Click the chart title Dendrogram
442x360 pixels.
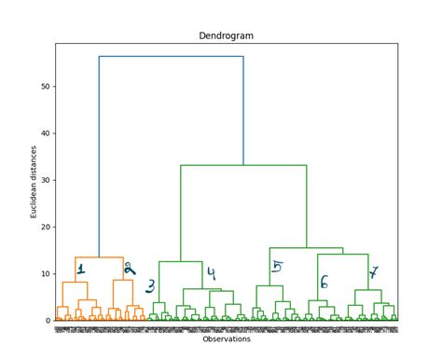(x=226, y=35)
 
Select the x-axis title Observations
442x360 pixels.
(x=226, y=339)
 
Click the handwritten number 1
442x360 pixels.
(x=81, y=270)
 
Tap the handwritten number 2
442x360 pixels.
(x=129, y=270)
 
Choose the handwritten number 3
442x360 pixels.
(x=150, y=287)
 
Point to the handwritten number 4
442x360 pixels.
(x=212, y=274)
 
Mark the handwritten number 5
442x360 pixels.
(x=277, y=268)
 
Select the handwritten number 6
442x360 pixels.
(x=324, y=282)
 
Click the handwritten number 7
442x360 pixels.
(x=374, y=273)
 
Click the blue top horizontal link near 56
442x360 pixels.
(x=171, y=57)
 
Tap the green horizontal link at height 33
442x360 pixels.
(x=243, y=166)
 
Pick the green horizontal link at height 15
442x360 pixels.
(x=306, y=248)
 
